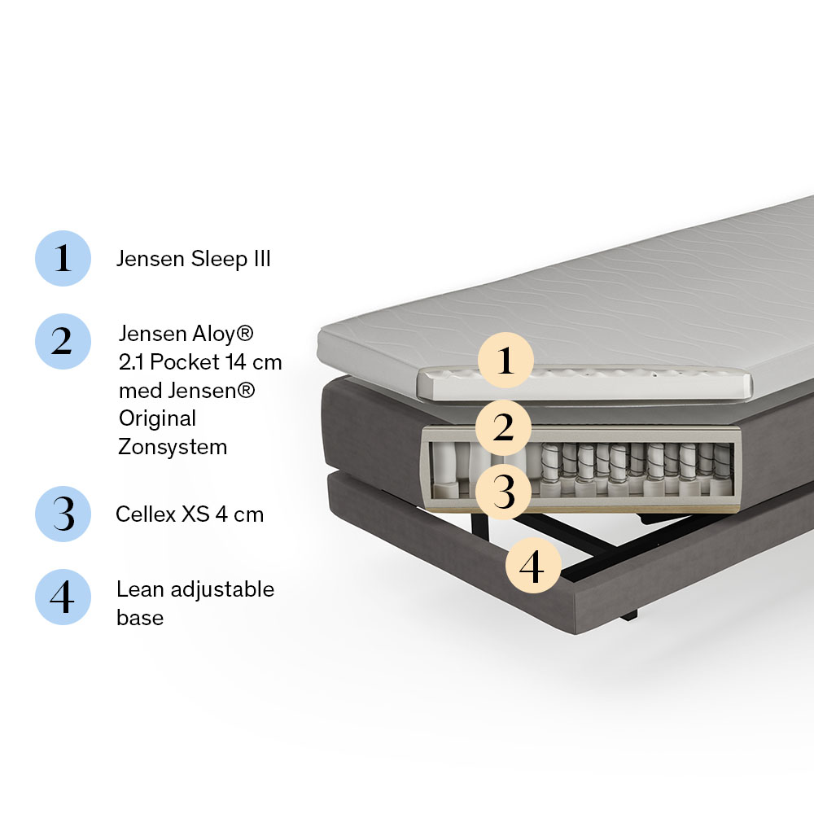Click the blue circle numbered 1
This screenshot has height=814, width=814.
click(63, 258)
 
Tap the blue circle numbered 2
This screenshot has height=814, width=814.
click(63, 341)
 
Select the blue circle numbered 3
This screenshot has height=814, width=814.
click(63, 514)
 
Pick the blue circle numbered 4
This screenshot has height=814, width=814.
click(63, 597)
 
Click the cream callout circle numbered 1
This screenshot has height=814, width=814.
click(505, 361)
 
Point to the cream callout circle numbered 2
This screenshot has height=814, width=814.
click(504, 428)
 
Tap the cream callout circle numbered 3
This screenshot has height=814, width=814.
click(504, 492)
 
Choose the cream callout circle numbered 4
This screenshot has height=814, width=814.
click(533, 566)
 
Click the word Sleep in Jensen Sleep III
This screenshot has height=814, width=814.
click(219, 259)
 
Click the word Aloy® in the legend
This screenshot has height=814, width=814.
click(223, 334)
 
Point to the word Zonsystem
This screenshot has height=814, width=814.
click(173, 447)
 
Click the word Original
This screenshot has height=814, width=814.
click(157, 418)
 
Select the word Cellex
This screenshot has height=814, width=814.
click(146, 514)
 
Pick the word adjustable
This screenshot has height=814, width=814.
click(222, 589)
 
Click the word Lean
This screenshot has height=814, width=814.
click(140, 589)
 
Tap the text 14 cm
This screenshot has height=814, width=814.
click(254, 362)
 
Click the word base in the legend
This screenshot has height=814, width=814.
click(140, 617)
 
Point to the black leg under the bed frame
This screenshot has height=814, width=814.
click(628, 615)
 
